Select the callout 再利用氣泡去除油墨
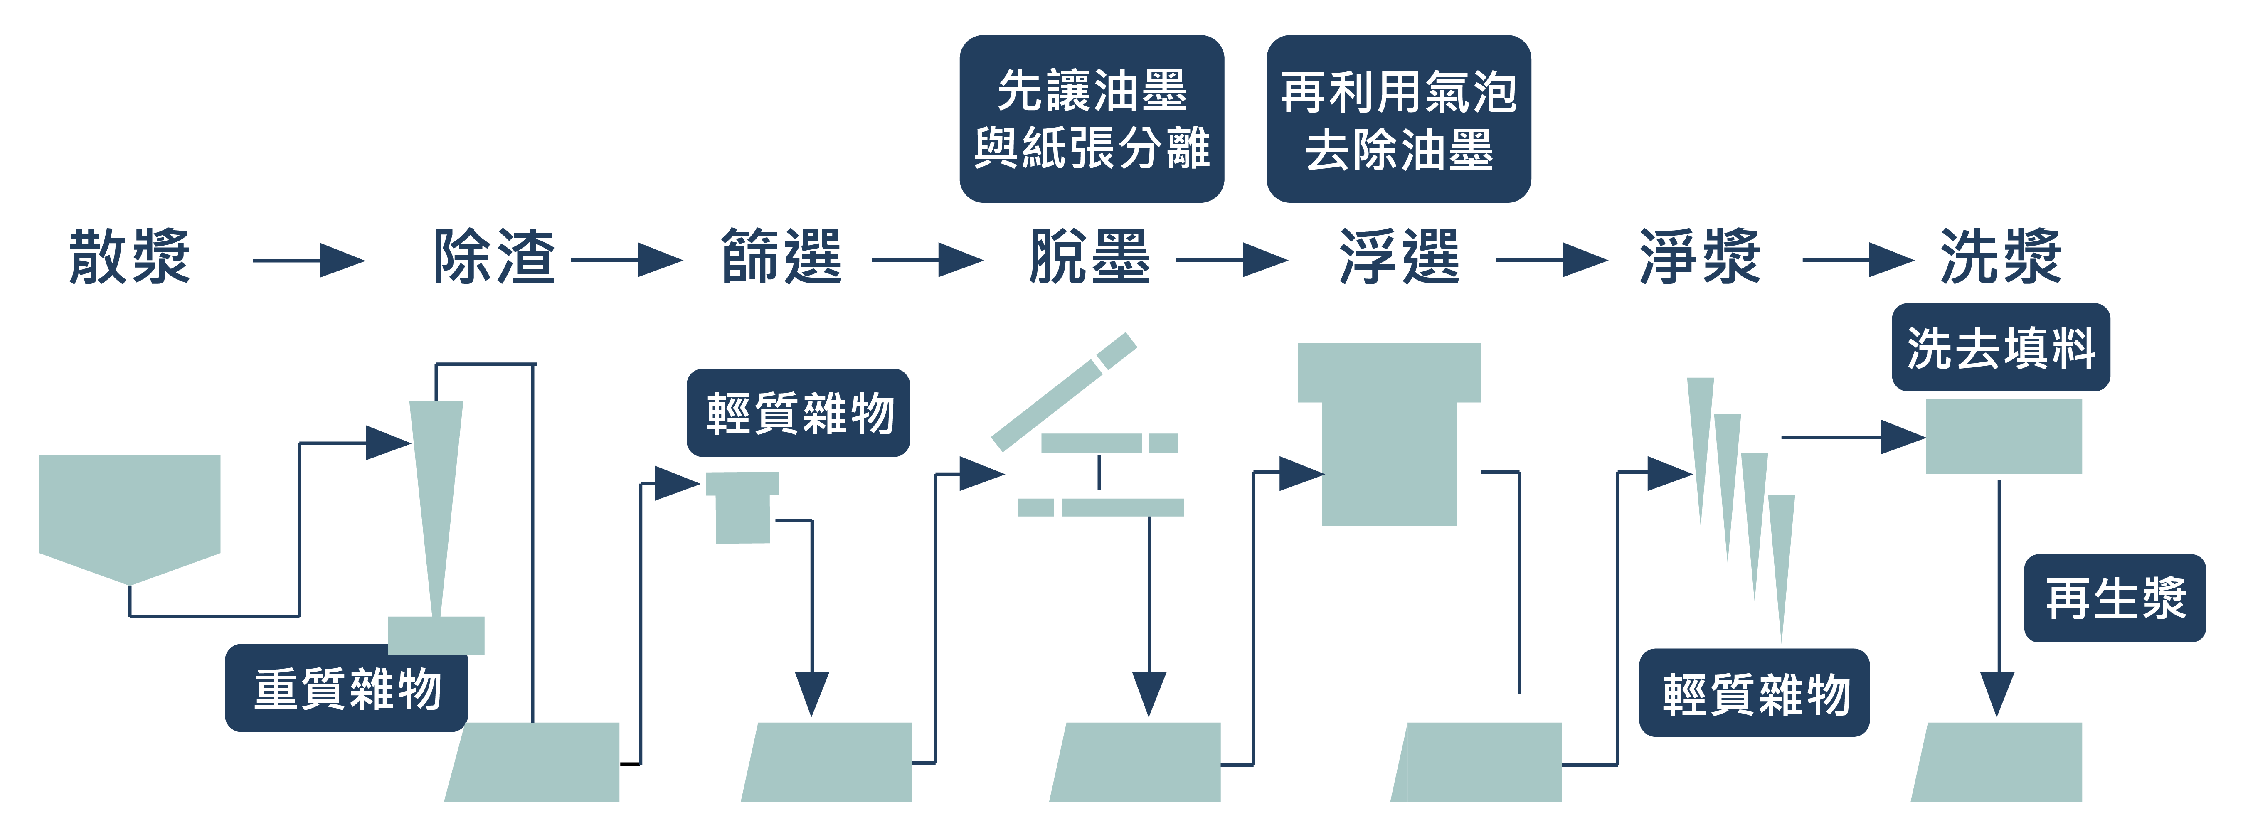pos(1398,119)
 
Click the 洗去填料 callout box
pos(2000,347)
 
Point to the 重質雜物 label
pos(347,688)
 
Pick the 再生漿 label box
pos(2114,599)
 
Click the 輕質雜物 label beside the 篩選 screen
pos(799,413)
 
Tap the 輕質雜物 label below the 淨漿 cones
pos(1755,694)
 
